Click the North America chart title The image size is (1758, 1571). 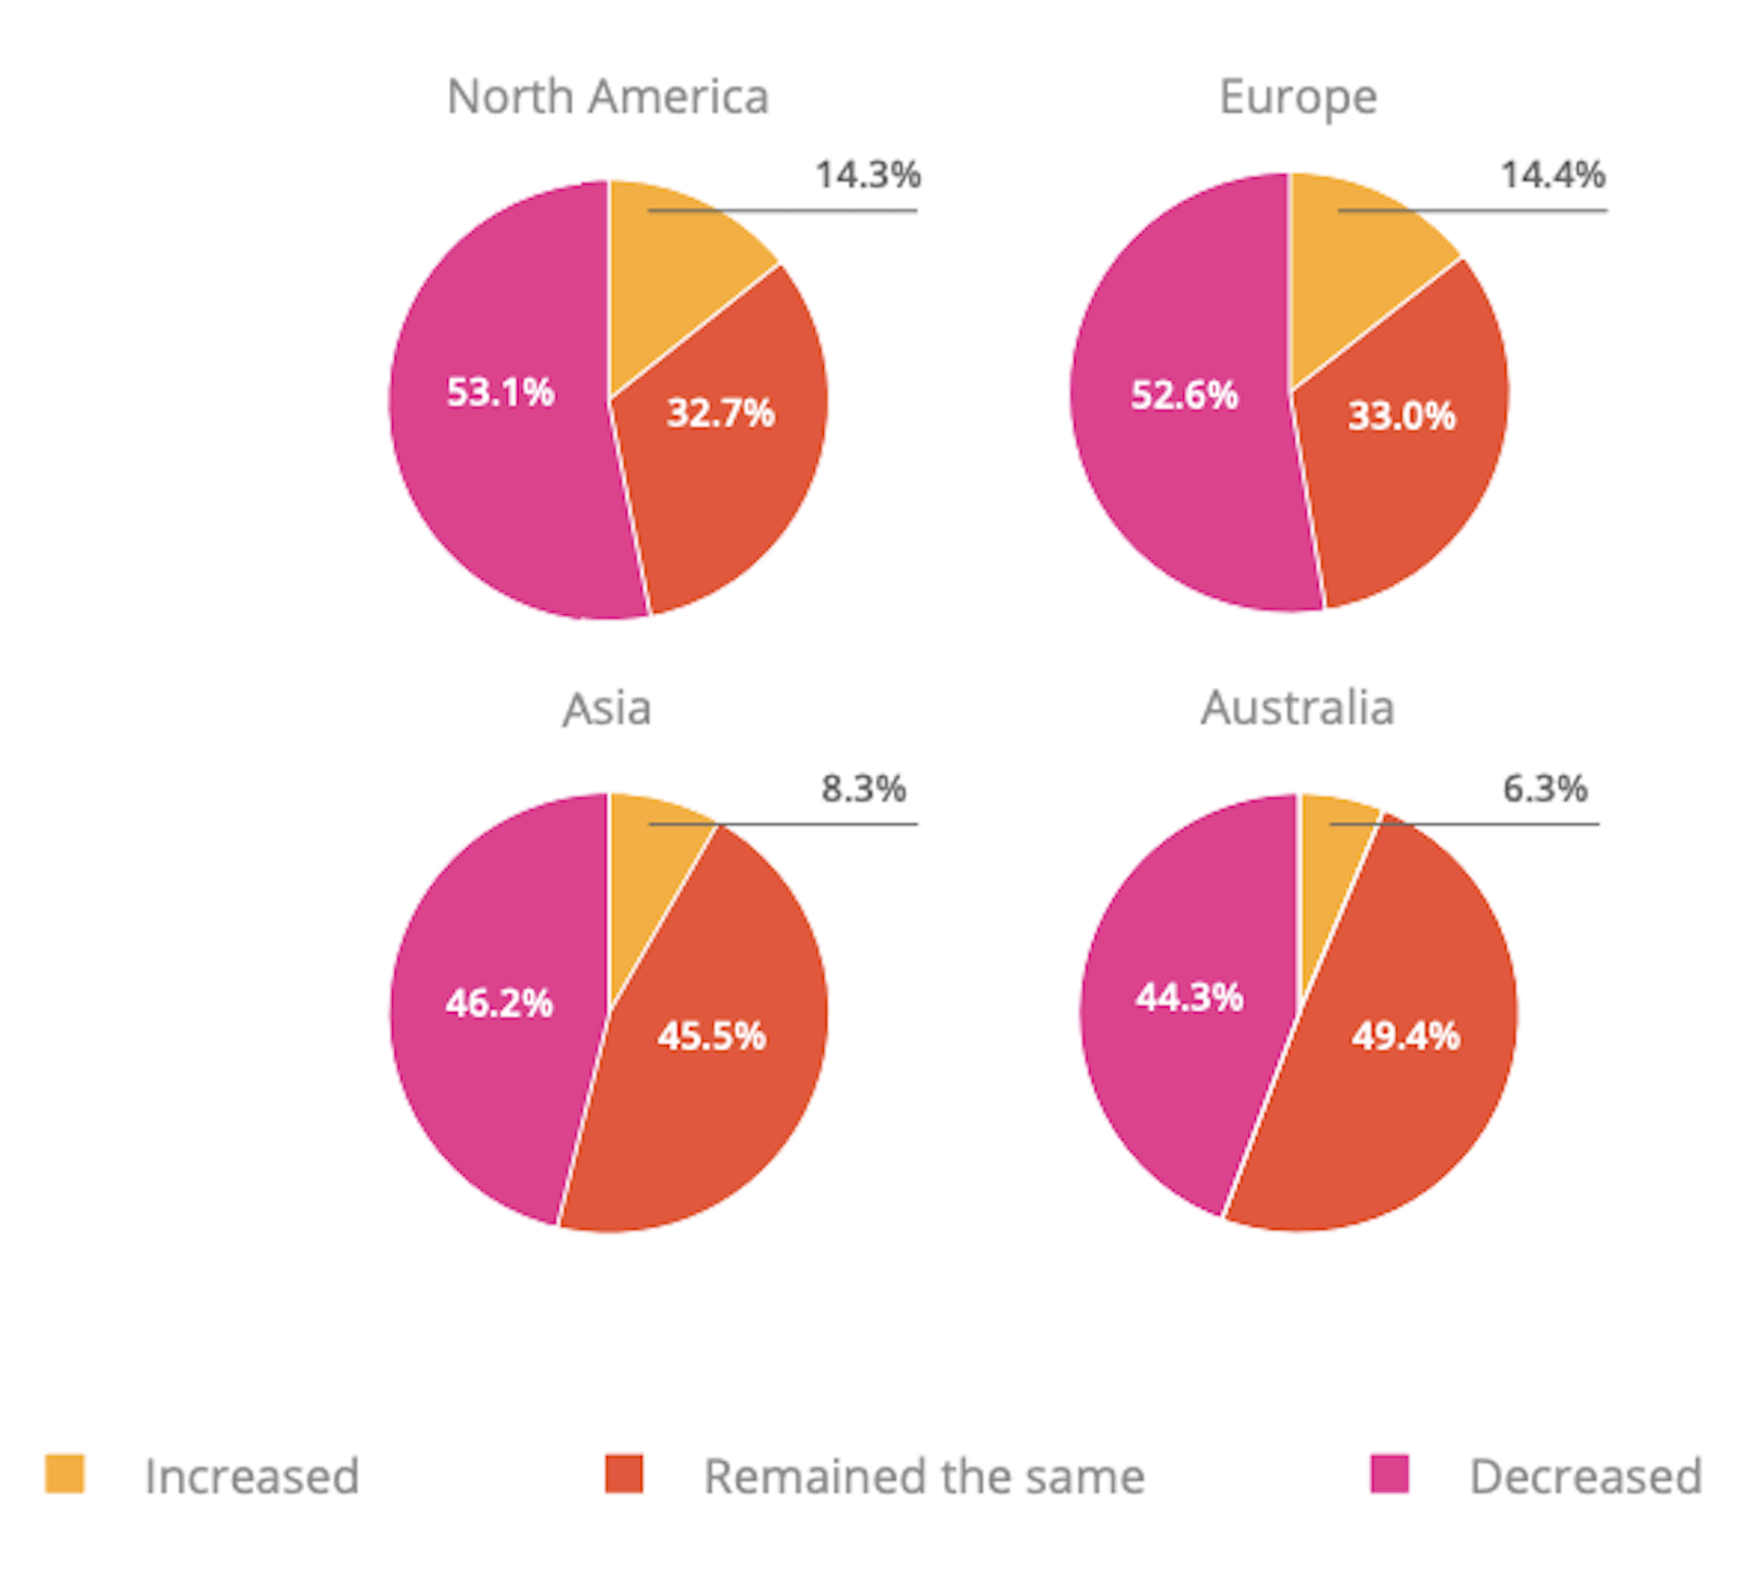coord(607,97)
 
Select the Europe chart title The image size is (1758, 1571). coord(1298,97)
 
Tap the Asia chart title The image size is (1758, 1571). coord(607,708)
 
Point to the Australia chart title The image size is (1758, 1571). coord(1298,708)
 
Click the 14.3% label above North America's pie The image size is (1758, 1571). coord(868,174)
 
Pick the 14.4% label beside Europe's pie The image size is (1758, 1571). coord(1552,174)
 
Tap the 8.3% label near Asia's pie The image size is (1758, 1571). coord(863,787)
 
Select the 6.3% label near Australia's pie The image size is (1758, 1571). coord(1545,787)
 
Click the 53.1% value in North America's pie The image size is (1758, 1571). coord(500,391)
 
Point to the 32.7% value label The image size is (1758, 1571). coord(721,412)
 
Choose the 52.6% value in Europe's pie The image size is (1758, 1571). coord(1184,394)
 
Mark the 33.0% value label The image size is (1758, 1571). coord(1402,415)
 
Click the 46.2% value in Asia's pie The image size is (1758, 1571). coord(499,1002)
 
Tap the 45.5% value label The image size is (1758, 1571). coord(711,1035)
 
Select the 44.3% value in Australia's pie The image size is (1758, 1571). coord(1190,997)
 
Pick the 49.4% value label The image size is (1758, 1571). coord(1406,1035)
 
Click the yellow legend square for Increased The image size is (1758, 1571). coord(64,1473)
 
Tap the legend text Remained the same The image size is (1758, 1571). coord(924,1476)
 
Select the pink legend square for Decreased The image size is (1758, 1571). coord(1390,1473)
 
